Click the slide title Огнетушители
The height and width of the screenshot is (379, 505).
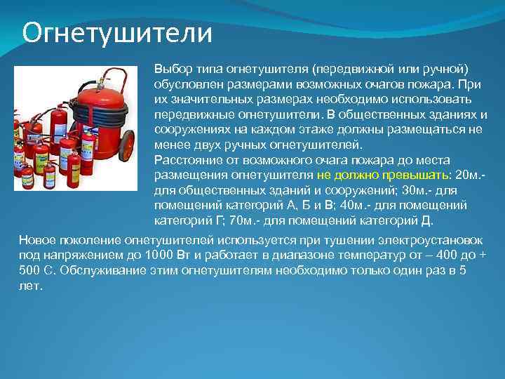coord(116,32)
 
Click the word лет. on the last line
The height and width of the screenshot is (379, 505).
coord(31,286)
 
